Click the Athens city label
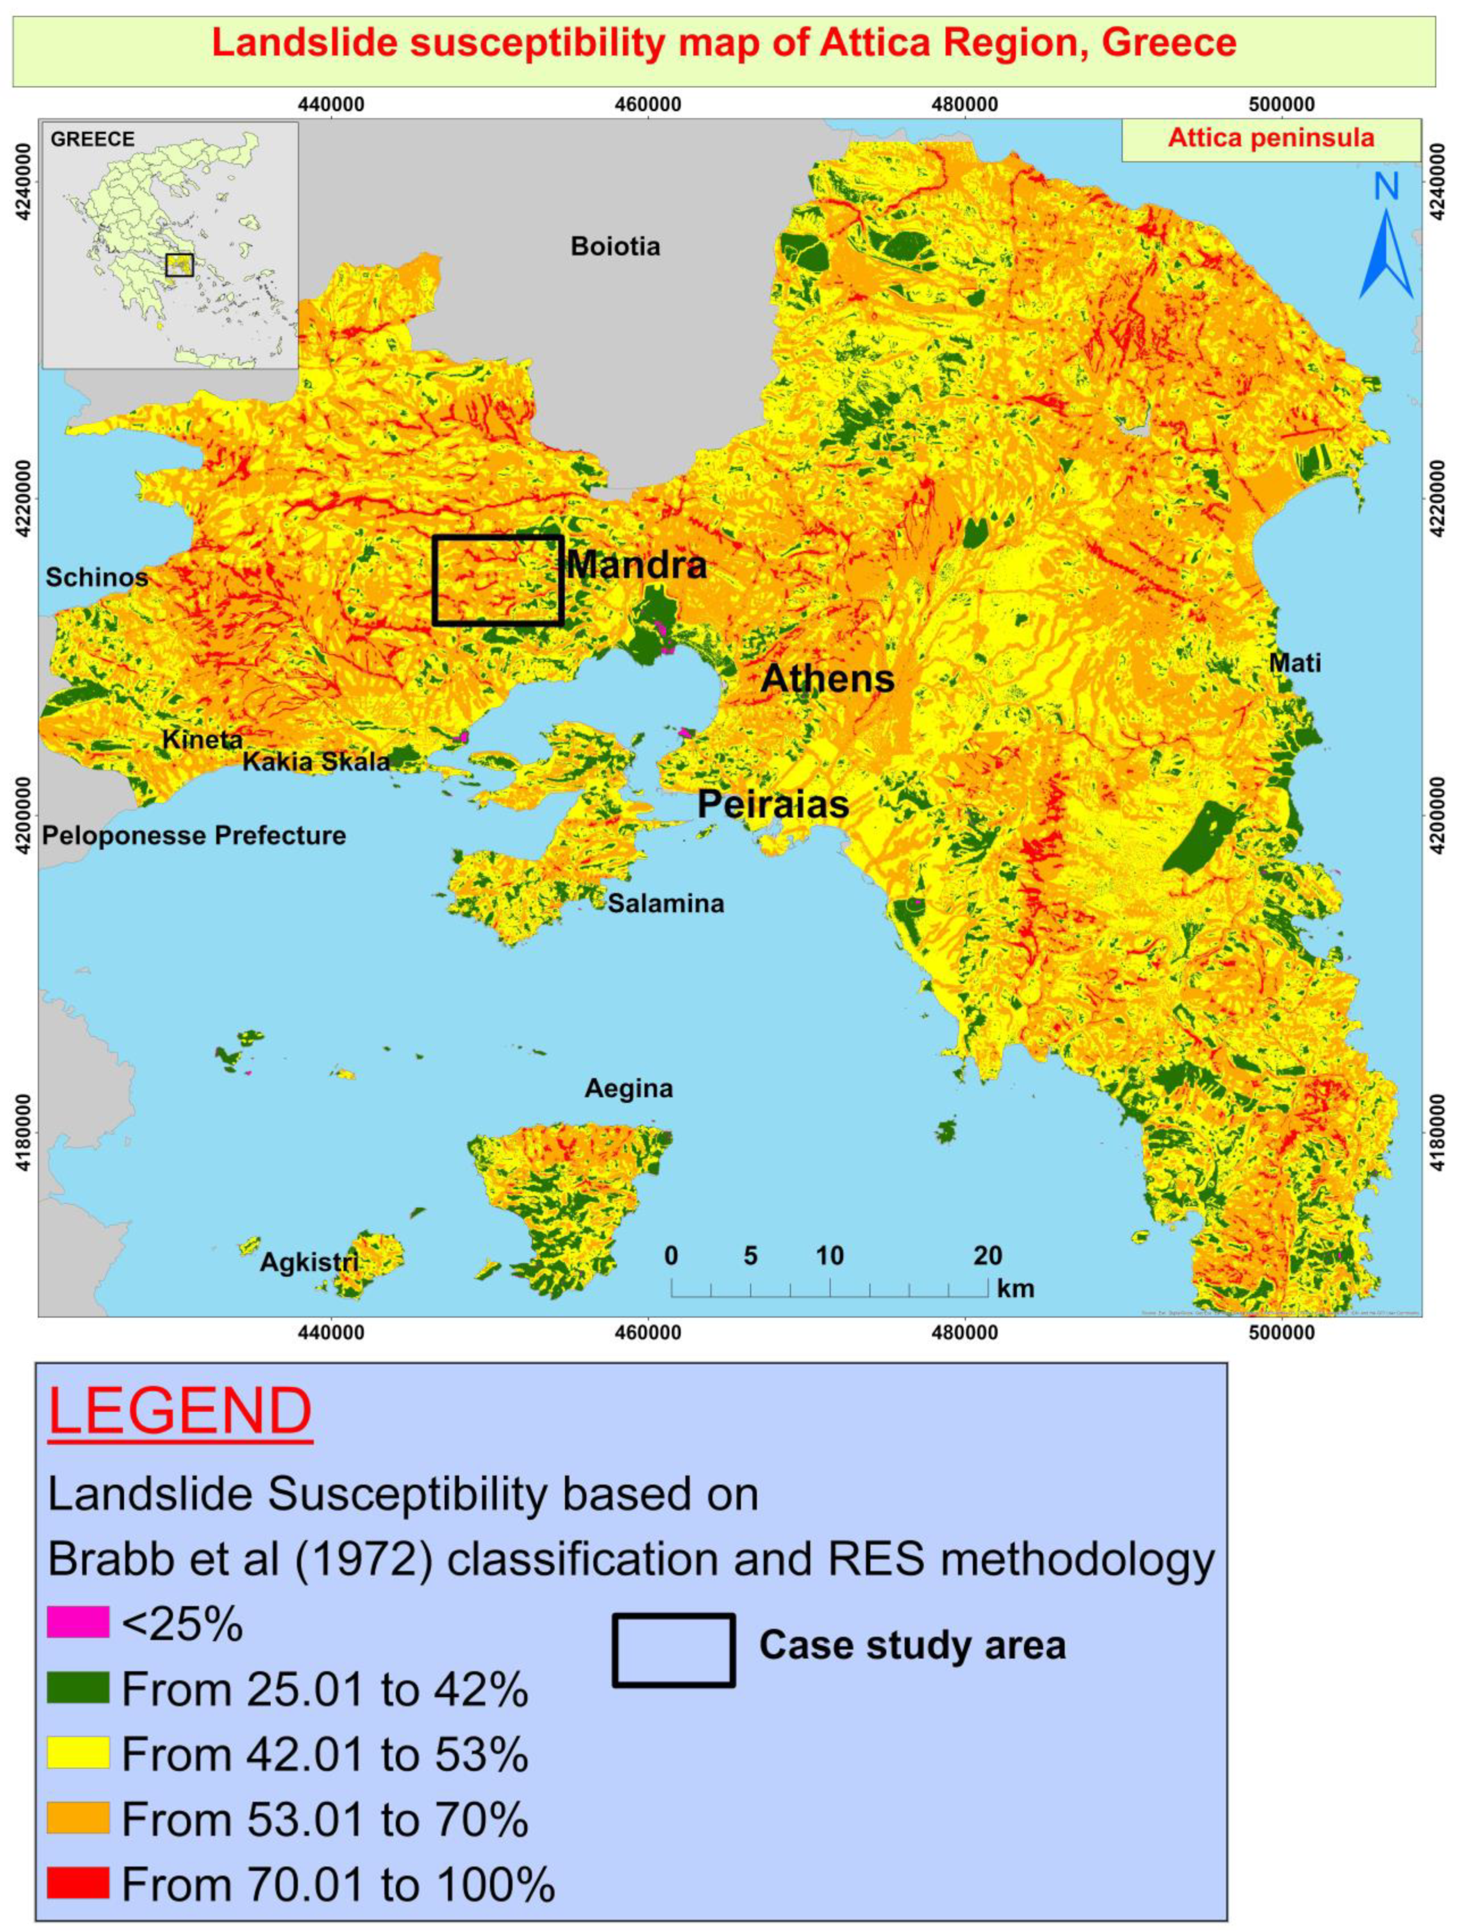tap(827, 678)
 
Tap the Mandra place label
tap(636, 566)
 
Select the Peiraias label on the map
tap(773, 804)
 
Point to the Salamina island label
tap(666, 903)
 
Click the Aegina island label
tap(629, 1088)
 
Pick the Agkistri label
tap(309, 1263)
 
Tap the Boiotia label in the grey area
tap(615, 246)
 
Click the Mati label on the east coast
tap(1294, 664)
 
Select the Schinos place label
tap(97, 577)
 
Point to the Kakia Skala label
tap(316, 762)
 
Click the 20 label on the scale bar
tap(987, 1256)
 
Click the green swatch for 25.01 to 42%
tap(79, 1688)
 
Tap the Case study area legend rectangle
tap(673, 1650)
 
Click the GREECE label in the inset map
tap(92, 140)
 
